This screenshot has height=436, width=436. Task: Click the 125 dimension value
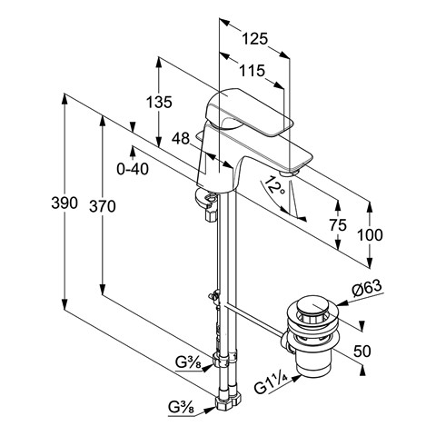[x=255, y=39]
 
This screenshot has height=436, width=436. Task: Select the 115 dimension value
[x=253, y=71]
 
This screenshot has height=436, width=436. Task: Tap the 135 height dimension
[x=159, y=102]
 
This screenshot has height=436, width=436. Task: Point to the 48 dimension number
[x=181, y=139]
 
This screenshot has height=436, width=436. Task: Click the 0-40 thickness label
[x=133, y=169]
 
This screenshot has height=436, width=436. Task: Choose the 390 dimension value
[x=64, y=203]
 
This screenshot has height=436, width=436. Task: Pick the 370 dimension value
[x=103, y=207]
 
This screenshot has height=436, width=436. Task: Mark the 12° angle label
[x=275, y=185]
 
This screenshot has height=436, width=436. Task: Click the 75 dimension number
[x=338, y=225]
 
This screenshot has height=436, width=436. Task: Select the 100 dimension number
[x=370, y=235]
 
